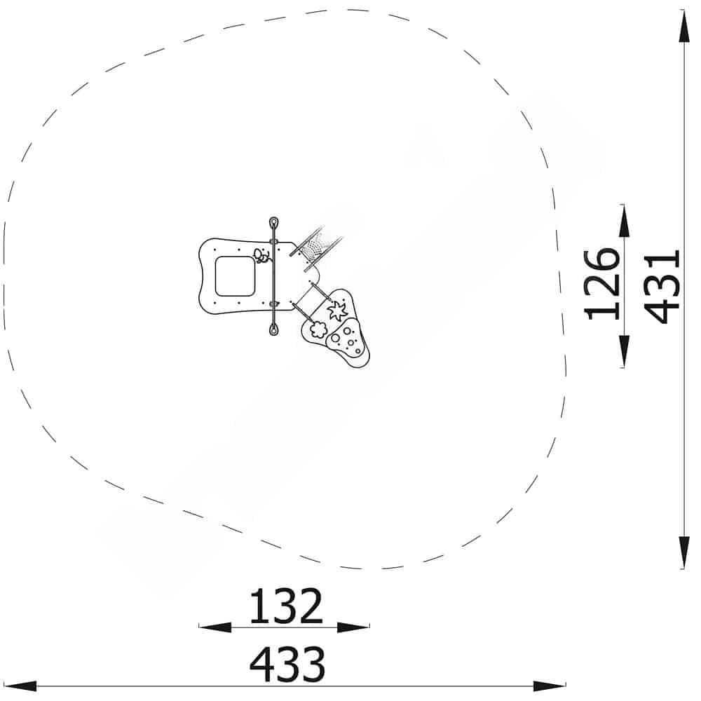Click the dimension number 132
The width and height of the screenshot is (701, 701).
286,606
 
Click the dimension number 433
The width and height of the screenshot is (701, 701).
287,665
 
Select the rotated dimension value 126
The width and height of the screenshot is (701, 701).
601,284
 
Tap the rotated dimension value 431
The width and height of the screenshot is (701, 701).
662,286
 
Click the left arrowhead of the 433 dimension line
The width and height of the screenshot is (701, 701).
20,686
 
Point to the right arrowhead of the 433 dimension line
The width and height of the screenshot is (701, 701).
550,686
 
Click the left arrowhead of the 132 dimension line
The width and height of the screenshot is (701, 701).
215,627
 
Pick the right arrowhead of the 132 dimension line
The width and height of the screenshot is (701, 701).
353,627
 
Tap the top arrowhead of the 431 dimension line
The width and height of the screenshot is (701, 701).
684,26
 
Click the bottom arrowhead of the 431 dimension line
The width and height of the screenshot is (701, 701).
684,552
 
